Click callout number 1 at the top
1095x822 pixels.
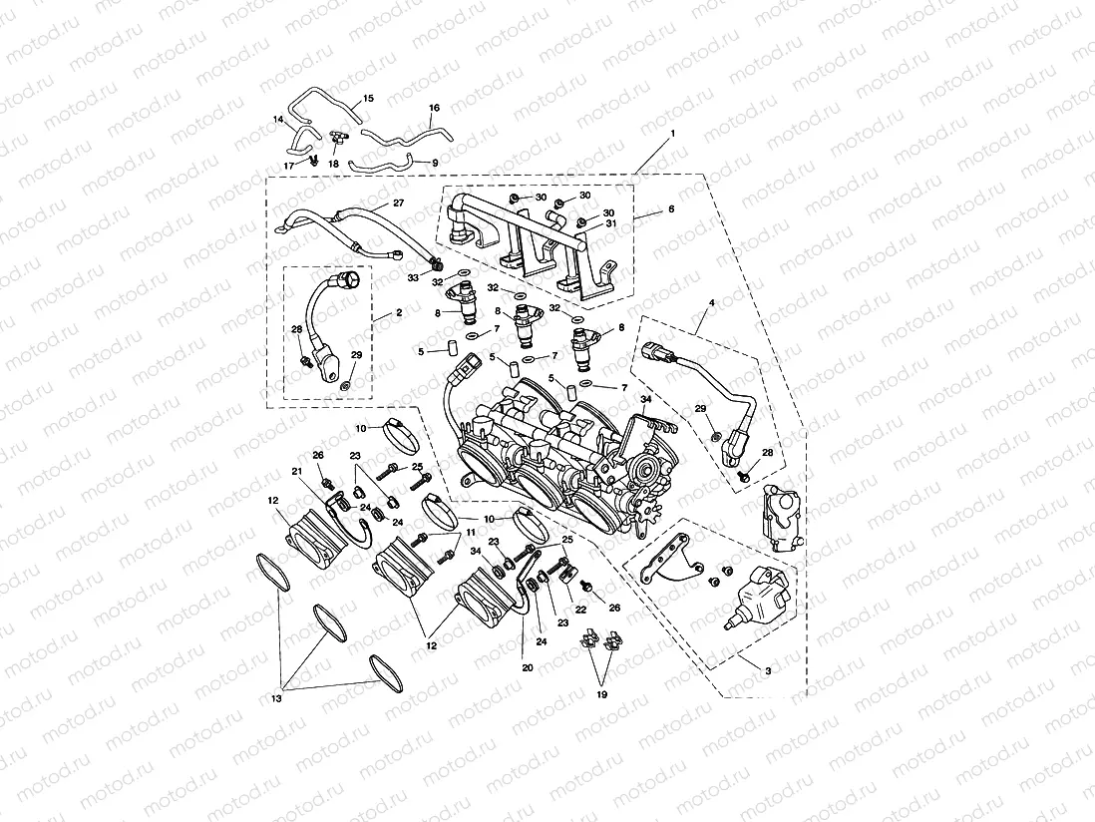(x=673, y=133)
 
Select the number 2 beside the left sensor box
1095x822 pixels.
(x=399, y=312)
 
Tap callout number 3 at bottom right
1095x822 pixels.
(x=767, y=672)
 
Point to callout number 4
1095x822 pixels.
(x=711, y=302)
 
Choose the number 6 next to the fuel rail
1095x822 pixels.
(x=671, y=209)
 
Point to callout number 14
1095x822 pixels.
(x=278, y=120)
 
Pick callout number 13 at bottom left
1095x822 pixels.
(x=276, y=699)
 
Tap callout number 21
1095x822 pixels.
(x=296, y=471)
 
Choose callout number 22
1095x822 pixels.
(x=580, y=610)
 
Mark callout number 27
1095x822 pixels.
(x=398, y=204)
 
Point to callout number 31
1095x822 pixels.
(x=610, y=224)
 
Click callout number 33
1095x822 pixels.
(x=412, y=277)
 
